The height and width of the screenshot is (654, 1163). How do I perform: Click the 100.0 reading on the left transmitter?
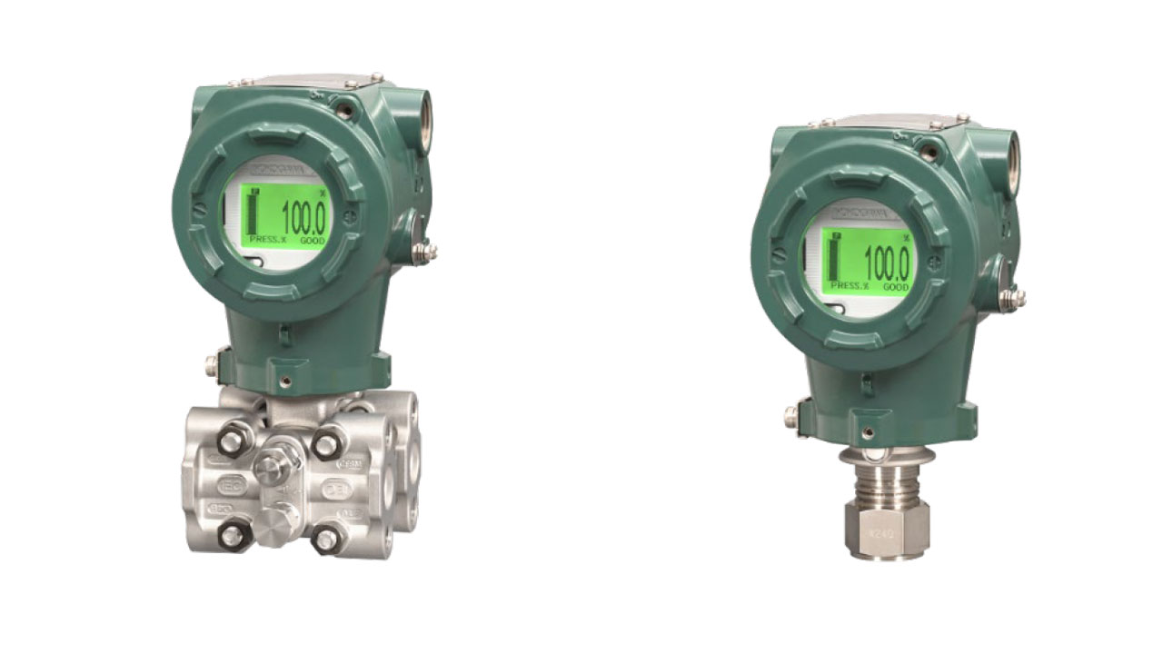click(303, 218)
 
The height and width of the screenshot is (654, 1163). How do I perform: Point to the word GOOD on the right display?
click(896, 285)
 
